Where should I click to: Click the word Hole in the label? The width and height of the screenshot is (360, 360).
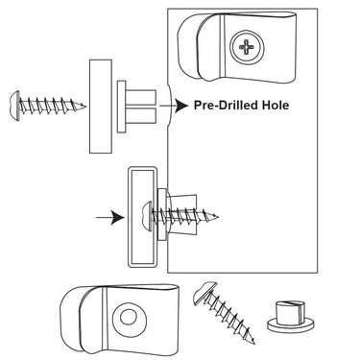[276, 105]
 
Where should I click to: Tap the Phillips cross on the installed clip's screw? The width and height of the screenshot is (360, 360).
[247, 48]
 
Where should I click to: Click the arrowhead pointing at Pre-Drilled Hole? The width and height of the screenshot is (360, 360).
[181, 106]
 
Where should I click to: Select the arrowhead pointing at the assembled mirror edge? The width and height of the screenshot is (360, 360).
[117, 218]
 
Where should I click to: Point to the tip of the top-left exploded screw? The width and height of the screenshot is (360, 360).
[85, 106]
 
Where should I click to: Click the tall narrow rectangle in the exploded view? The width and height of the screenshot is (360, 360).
[101, 107]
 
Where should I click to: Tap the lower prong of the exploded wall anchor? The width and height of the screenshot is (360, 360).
[141, 115]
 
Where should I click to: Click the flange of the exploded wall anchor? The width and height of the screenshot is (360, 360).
[122, 107]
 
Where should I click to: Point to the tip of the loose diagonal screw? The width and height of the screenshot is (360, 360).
[253, 343]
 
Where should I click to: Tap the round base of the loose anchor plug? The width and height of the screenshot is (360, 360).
[291, 324]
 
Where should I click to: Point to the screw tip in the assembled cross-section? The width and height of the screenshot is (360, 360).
[217, 217]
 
